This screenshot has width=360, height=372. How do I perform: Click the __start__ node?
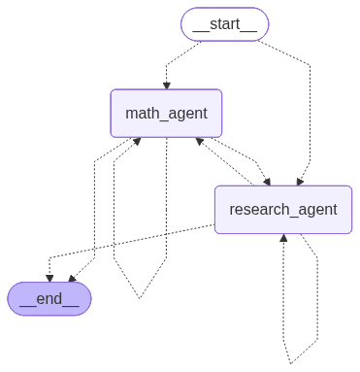pyautogui.click(x=224, y=24)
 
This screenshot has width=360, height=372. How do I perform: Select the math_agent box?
pyautogui.click(x=166, y=114)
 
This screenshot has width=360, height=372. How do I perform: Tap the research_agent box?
pyautogui.click(x=283, y=210)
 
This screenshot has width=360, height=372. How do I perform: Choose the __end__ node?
pyautogui.click(x=49, y=298)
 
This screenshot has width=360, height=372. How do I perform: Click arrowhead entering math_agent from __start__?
pyautogui.click(x=167, y=85)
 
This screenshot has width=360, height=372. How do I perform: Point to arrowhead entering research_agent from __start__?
pyautogui.click(x=300, y=182)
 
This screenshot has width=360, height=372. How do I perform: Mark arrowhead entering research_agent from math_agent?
pyautogui.click(x=267, y=182)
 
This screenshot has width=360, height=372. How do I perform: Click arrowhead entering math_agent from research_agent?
pyautogui.click(x=200, y=141)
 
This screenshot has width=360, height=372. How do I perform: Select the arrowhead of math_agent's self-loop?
pyautogui.click(x=137, y=141)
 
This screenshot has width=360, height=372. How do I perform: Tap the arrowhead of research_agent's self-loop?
pyautogui.click(x=283, y=238)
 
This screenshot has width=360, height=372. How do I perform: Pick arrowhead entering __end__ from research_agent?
pyautogui.click(x=49, y=278)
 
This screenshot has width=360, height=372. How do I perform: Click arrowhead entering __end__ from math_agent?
pyautogui.click(x=72, y=279)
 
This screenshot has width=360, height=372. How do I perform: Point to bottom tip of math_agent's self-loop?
pyautogui.click(x=140, y=298)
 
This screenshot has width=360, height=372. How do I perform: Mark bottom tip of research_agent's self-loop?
pyautogui.click(x=291, y=363)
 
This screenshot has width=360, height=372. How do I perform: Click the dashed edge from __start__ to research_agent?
pyautogui.click(x=311, y=107)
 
